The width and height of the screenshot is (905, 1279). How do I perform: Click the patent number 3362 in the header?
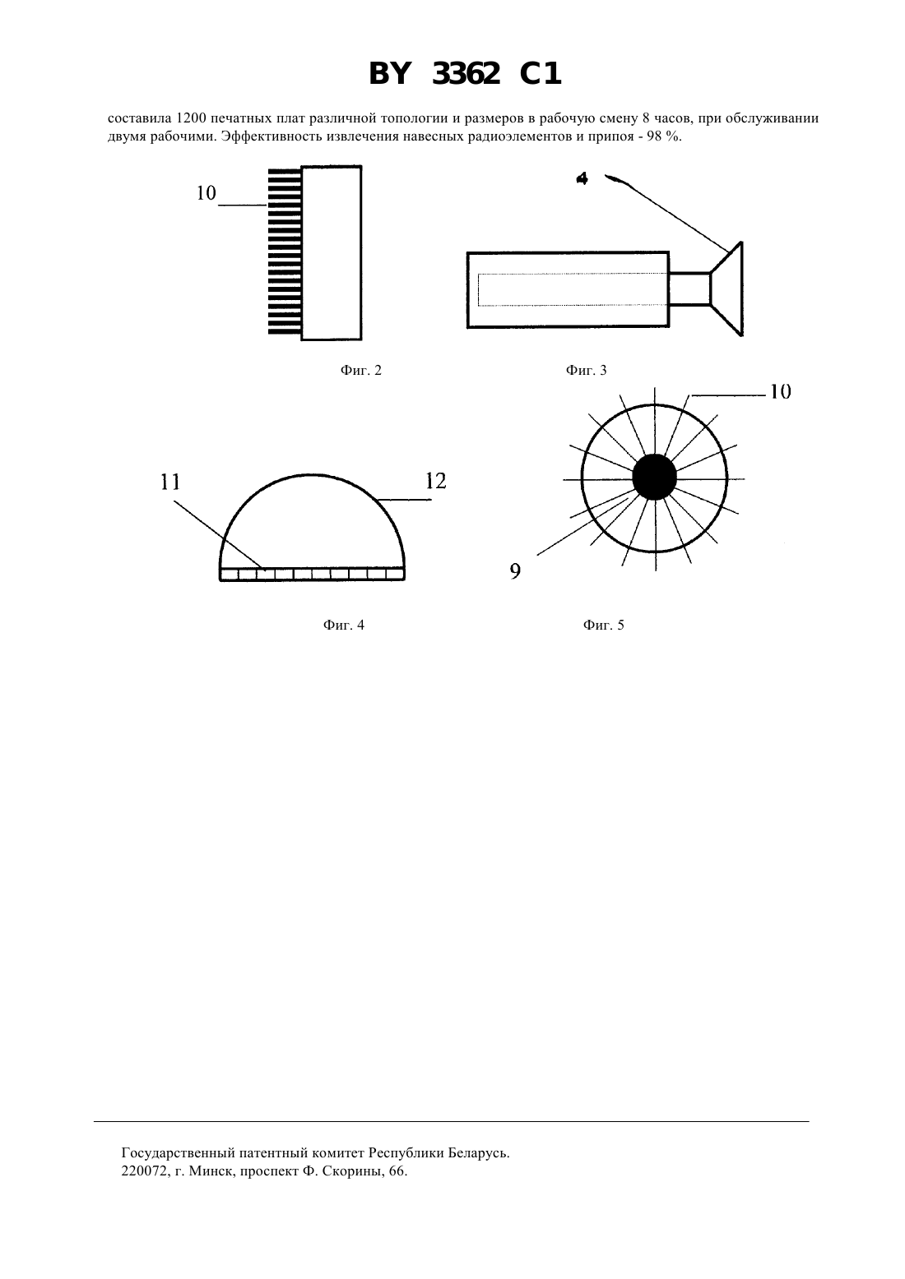[x=466, y=74]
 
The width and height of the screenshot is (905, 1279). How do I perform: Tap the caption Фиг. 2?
[x=361, y=371]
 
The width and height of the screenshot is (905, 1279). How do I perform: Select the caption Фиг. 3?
[x=586, y=371]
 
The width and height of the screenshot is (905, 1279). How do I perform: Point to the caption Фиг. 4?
[x=344, y=626]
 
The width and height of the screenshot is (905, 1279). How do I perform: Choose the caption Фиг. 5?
[x=604, y=626]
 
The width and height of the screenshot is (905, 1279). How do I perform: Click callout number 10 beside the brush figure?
[x=207, y=193]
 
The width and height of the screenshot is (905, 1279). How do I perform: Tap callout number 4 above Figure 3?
[x=582, y=178]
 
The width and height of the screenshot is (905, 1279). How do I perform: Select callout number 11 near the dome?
[x=170, y=483]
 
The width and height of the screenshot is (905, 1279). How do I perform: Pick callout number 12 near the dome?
[x=436, y=482]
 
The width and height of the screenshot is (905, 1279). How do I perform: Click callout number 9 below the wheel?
[x=515, y=571]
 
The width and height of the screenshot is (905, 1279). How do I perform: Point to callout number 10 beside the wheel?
[x=781, y=392]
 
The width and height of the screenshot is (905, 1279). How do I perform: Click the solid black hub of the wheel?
[x=655, y=478]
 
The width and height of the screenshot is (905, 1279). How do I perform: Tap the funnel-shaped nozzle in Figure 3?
[x=726, y=289]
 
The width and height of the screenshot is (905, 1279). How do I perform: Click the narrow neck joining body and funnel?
[x=689, y=289]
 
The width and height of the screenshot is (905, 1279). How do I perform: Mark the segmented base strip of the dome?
[x=313, y=574]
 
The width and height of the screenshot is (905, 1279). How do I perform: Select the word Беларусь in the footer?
[x=478, y=1152]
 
